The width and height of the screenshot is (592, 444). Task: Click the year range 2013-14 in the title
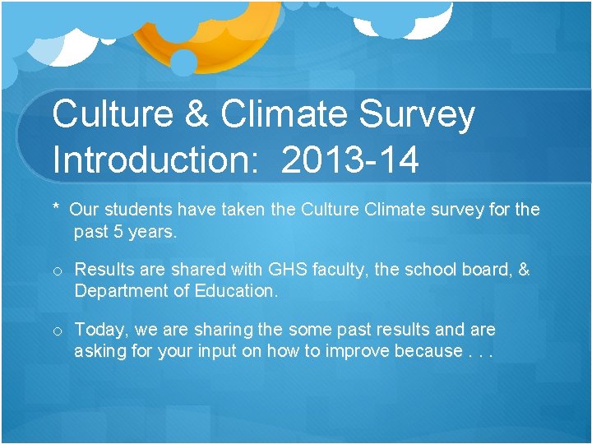(x=349, y=159)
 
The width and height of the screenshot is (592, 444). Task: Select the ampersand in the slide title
(x=197, y=115)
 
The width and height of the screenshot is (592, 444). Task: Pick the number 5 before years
(x=118, y=232)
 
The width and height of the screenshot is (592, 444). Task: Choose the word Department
(x=120, y=291)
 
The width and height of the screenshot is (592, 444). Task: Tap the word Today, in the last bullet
(x=101, y=331)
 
